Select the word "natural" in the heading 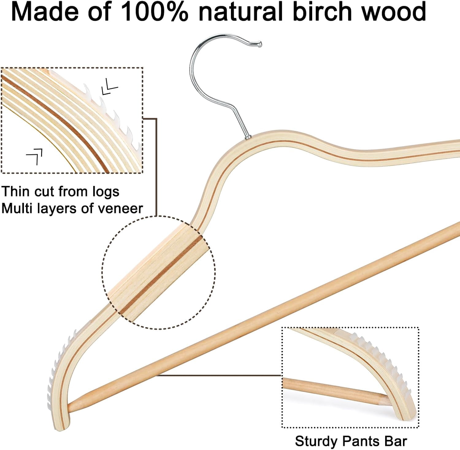point(240,12)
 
